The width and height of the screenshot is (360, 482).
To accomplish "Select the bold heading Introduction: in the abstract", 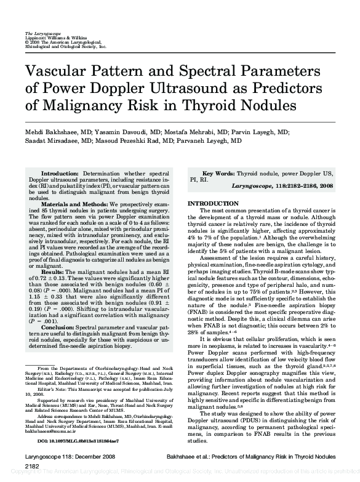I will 59,175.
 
